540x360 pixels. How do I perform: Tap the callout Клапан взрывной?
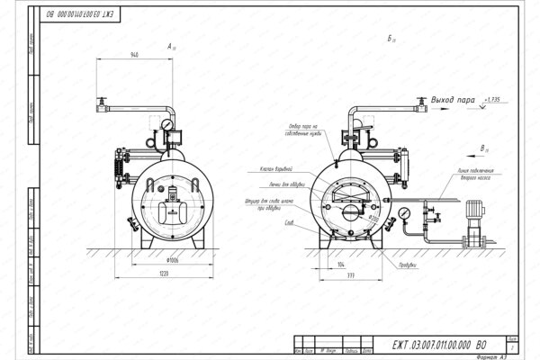(x=256, y=170)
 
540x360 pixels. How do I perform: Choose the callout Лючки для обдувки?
(x=259, y=185)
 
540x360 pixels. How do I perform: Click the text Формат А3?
(x=491, y=355)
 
